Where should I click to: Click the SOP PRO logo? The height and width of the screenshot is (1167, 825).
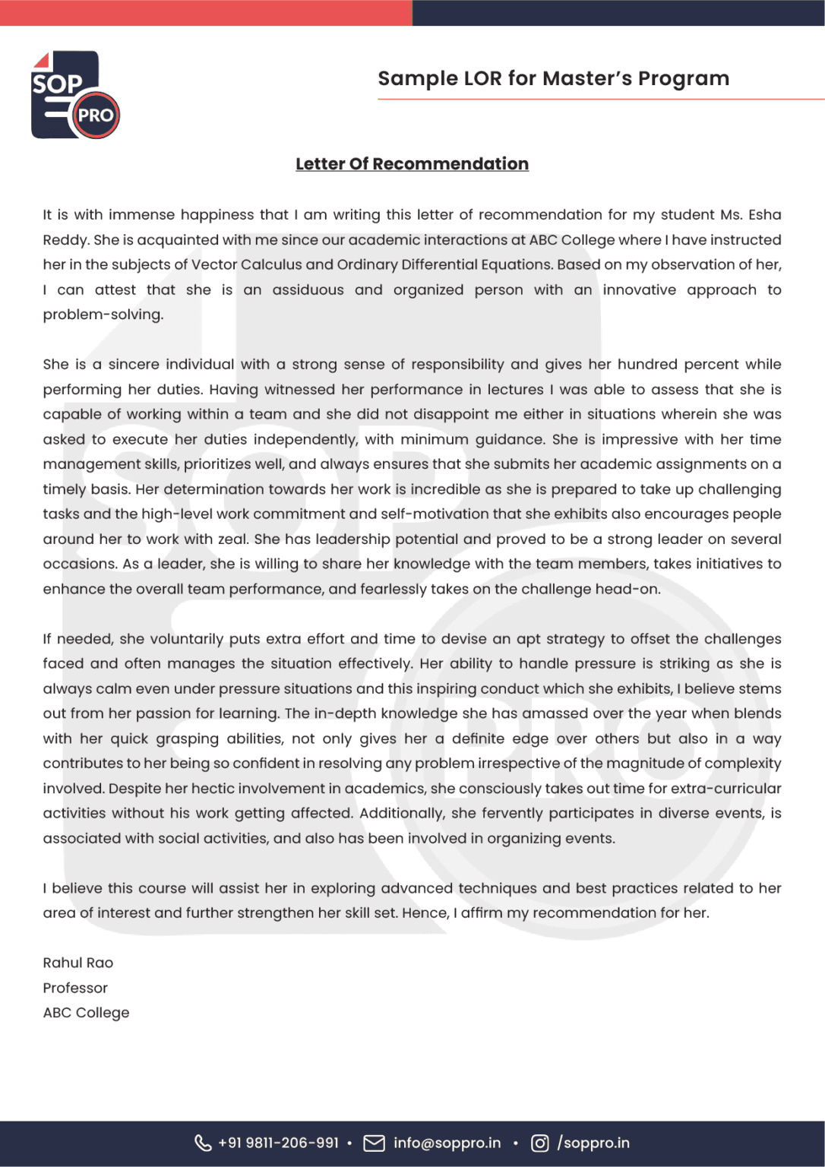click(74, 95)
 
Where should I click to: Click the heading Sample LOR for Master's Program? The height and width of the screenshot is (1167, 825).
click(553, 78)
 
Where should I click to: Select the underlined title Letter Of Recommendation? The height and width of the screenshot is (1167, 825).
click(412, 164)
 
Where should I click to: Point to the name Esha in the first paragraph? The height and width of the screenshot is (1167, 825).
click(764, 215)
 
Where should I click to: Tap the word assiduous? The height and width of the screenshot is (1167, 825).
click(308, 289)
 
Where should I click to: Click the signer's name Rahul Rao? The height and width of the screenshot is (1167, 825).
click(77, 963)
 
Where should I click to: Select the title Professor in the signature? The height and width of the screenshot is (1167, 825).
click(75, 988)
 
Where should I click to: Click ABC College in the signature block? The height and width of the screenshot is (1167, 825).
click(86, 1013)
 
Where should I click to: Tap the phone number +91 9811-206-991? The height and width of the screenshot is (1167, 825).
click(278, 1143)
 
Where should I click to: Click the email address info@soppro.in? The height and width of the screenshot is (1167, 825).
click(447, 1143)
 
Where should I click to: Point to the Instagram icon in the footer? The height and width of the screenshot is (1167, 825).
click(539, 1143)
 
